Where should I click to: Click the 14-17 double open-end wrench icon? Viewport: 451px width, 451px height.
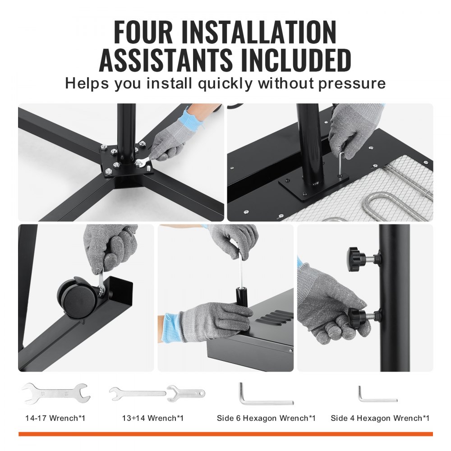point(55,393)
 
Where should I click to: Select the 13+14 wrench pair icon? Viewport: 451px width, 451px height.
point(156,393)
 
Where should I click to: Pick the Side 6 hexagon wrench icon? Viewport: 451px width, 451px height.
point(265,394)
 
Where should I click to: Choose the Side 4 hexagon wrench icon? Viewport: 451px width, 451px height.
point(377,394)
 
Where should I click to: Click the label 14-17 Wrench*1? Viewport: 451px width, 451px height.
point(55,418)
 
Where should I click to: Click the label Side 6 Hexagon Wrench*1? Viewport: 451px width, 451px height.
point(266,418)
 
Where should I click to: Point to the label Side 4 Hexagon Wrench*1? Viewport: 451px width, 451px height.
point(380,418)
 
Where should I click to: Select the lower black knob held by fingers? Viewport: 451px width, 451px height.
point(360,316)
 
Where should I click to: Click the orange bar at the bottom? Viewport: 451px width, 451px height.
point(225,434)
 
